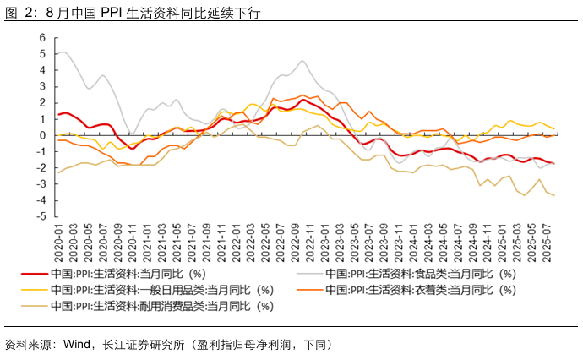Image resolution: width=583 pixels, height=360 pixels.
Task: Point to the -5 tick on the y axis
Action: pos(40,216)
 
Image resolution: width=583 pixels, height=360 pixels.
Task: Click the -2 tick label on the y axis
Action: pos(40,168)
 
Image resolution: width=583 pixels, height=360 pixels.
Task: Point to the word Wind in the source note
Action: pos(77,344)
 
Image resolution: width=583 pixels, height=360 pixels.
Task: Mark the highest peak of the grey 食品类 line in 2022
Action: pos(301,61)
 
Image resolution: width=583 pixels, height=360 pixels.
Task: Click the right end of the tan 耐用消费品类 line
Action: pos(555,195)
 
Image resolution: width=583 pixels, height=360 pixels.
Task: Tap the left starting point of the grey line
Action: pos(57,54)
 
